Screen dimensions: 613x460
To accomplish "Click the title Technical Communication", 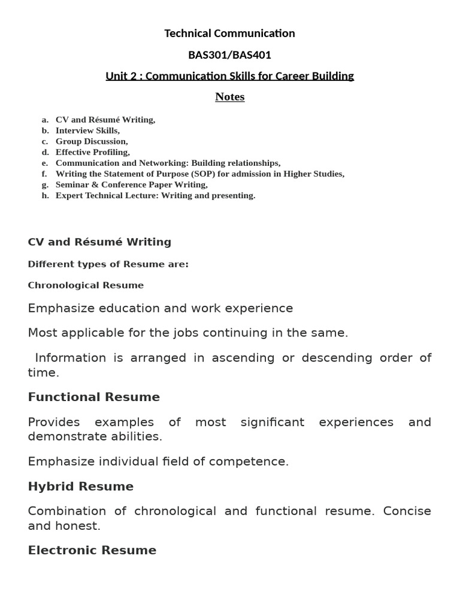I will (229, 34).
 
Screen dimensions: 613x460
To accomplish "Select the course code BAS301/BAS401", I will (229, 55).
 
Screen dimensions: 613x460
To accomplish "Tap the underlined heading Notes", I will (230, 97).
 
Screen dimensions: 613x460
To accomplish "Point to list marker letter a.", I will (45, 120).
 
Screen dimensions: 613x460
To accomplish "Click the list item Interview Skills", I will (87, 131).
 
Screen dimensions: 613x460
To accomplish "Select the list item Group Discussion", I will (92, 141).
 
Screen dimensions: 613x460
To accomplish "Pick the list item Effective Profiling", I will (92, 152).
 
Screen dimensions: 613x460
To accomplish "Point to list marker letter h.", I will (45, 195).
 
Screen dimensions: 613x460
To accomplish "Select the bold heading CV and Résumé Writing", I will (99, 242).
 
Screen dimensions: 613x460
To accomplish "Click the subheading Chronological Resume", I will (86, 286).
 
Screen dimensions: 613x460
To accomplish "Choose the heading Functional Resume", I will (94, 397).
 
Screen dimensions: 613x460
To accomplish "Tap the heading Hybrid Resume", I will (81, 486).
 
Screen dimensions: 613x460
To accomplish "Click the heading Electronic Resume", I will (92, 550).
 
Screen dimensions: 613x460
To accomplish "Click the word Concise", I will (407, 511).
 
